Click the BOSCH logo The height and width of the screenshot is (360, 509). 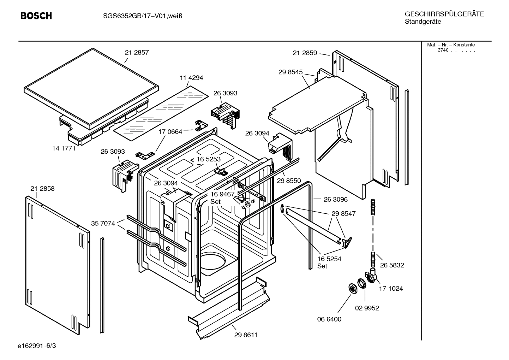pos(36,16)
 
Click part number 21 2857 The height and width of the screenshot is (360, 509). pos(137,52)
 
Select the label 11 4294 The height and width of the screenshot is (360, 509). pos(191,78)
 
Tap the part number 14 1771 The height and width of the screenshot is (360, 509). pos(64,148)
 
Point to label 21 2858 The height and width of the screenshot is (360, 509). pos(42,189)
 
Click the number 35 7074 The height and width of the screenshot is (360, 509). pos(103,223)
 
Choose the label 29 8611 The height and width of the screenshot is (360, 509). pos(246,335)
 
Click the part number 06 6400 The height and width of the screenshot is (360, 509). pos(329,319)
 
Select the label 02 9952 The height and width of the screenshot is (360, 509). pos(367,308)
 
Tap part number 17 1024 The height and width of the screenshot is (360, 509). pos(391,289)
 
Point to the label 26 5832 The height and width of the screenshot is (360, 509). pos(392,265)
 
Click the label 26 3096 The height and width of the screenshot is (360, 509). pos(335,199)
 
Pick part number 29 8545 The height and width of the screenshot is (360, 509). pos(290,72)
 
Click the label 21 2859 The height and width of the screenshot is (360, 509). pos(305,53)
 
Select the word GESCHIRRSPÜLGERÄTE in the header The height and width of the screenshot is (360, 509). pos(444,14)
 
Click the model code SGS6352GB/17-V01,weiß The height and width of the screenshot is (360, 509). pos(138,16)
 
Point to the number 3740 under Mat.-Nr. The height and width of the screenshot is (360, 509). pos(443,50)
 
